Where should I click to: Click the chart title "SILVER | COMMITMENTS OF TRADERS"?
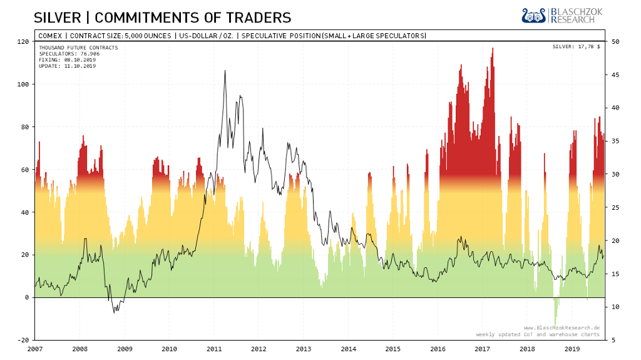click(x=162, y=17)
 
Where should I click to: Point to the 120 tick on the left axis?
click(x=23, y=41)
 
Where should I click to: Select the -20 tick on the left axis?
click(x=23, y=340)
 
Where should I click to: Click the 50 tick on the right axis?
click(x=615, y=41)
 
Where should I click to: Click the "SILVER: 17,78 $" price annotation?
click(x=576, y=47)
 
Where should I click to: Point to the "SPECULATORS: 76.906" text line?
click(x=69, y=54)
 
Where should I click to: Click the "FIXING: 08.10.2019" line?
click(x=65, y=59)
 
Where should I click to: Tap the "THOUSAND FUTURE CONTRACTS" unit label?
click(x=78, y=48)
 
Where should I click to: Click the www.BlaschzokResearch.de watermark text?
click(x=562, y=327)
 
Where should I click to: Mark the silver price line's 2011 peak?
click(x=225, y=71)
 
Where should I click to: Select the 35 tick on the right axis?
click(x=615, y=141)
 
